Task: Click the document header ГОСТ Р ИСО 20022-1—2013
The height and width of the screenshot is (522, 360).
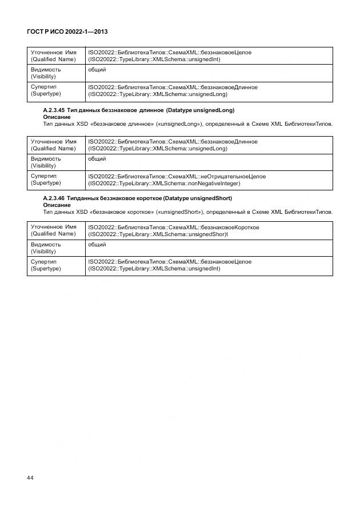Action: click(68, 32)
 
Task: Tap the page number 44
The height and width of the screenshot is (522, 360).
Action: click(31, 477)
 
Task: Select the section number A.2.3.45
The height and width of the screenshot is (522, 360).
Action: click(54, 110)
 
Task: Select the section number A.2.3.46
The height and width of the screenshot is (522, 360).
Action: click(54, 198)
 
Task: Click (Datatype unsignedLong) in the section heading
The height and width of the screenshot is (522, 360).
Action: click(200, 110)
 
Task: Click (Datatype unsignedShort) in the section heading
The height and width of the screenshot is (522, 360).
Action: click(197, 198)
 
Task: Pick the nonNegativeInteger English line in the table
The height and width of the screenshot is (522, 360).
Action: click(164, 184)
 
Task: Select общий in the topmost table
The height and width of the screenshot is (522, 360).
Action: click(97, 69)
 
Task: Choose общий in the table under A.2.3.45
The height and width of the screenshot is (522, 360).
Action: click(97, 158)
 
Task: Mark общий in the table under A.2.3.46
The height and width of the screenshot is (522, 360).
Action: click(97, 244)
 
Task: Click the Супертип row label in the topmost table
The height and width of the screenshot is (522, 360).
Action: click(43, 87)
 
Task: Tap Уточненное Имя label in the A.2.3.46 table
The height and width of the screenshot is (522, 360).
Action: click(53, 227)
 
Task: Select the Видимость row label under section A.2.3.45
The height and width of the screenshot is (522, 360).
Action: click(46, 158)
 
